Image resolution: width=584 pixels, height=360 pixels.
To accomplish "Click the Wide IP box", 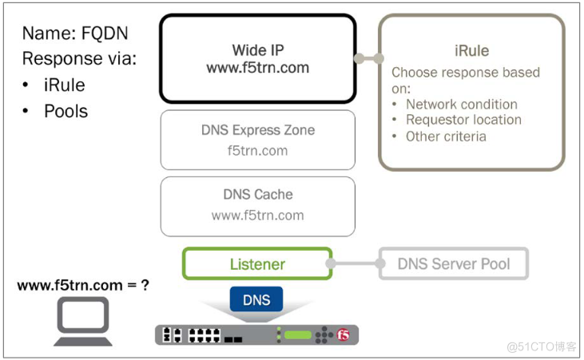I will [257, 59].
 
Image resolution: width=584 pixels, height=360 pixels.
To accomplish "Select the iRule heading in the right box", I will [471, 51].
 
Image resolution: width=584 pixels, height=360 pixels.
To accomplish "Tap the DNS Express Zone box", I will [257, 140].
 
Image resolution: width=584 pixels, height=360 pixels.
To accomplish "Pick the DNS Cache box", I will [257, 204].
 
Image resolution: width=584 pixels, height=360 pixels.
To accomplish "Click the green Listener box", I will [257, 263].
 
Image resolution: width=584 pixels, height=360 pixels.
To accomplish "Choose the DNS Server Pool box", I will [453, 263].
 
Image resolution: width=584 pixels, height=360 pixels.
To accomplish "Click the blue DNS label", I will [256, 300].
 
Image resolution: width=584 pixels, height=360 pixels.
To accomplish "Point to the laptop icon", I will [82, 322].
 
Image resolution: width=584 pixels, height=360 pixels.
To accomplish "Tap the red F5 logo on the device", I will [344, 334].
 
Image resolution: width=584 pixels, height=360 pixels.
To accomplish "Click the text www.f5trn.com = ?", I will [83, 284].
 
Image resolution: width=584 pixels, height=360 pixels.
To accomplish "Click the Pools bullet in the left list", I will [66, 111].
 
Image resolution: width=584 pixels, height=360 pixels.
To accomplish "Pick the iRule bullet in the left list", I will [65, 85].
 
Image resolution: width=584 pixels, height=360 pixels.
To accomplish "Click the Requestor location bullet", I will [463, 120].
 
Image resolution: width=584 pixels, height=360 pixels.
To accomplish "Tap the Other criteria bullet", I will [446, 136].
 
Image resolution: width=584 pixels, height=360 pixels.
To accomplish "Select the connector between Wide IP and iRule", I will [368, 58].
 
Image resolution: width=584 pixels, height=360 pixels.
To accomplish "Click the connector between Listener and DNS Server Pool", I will [355, 263].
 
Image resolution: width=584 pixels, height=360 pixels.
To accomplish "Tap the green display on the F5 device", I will [297, 334].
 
